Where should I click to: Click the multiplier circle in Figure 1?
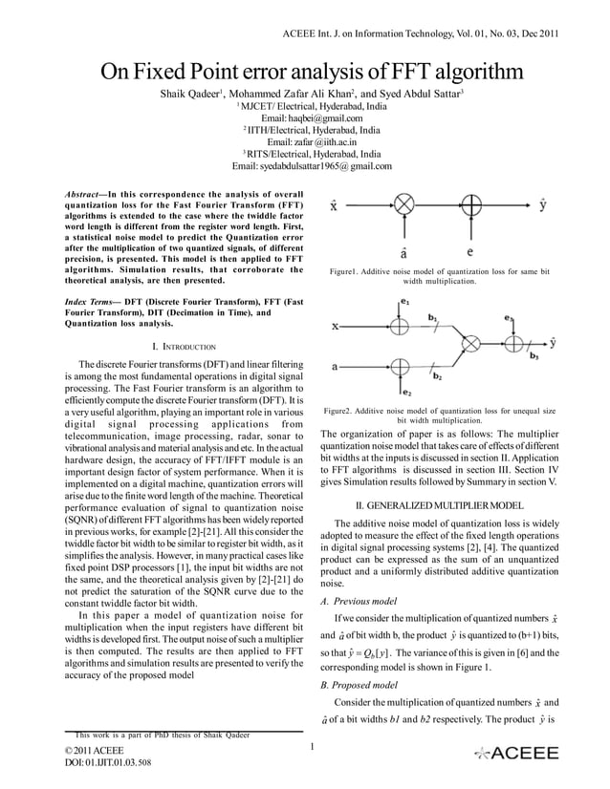[404, 205]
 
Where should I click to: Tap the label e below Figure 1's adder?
[469, 253]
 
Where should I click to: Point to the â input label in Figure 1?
[405, 254]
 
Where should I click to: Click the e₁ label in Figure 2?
[406, 303]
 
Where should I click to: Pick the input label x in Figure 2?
[335, 325]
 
